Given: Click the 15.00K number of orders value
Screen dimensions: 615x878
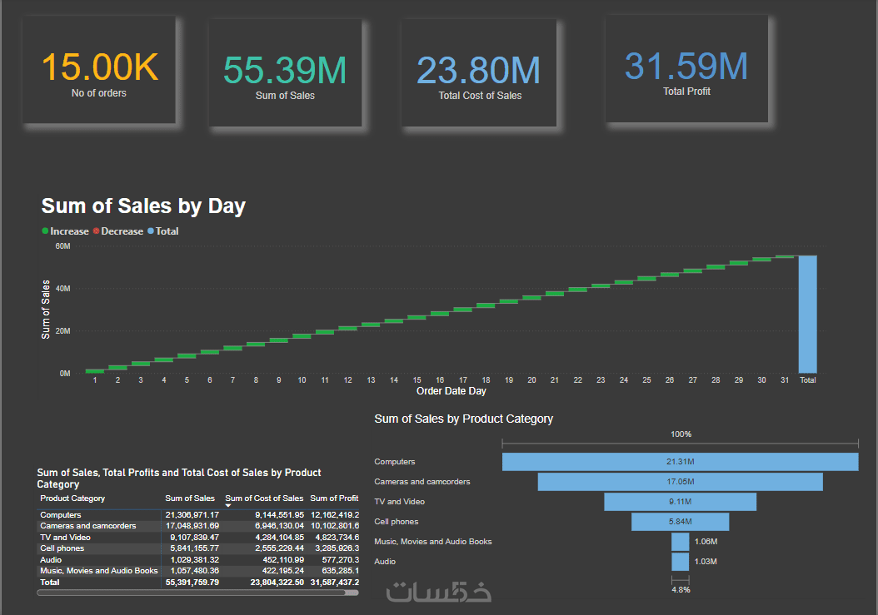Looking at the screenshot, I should click(x=99, y=67).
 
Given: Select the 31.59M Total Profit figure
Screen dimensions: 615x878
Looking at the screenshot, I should click(x=686, y=66).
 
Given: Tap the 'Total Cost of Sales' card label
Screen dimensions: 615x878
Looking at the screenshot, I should click(x=480, y=96).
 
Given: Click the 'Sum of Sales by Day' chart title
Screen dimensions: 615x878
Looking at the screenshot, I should click(x=143, y=206).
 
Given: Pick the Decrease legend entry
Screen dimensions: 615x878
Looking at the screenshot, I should click(x=122, y=231).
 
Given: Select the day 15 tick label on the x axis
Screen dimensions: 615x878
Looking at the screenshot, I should click(x=417, y=380).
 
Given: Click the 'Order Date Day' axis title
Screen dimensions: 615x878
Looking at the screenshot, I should click(x=451, y=391).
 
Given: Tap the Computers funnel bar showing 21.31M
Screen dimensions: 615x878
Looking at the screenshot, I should click(x=680, y=462).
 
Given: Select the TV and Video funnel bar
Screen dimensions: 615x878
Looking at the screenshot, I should click(x=680, y=502).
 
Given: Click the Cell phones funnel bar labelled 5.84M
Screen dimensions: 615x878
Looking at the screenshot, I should click(x=680, y=522).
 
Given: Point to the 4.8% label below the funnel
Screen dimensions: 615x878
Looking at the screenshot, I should click(x=681, y=590).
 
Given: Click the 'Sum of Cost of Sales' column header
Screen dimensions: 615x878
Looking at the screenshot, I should click(x=264, y=498).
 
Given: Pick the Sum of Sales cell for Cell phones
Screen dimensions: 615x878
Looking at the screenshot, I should click(x=192, y=548).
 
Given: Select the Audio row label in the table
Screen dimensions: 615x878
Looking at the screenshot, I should click(x=52, y=560).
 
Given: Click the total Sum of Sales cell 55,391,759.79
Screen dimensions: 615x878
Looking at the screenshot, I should click(x=192, y=583).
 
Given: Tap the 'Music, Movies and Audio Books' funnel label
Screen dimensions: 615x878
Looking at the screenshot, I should click(x=433, y=542).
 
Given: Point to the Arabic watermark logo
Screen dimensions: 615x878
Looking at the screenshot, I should click(x=439, y=592).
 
